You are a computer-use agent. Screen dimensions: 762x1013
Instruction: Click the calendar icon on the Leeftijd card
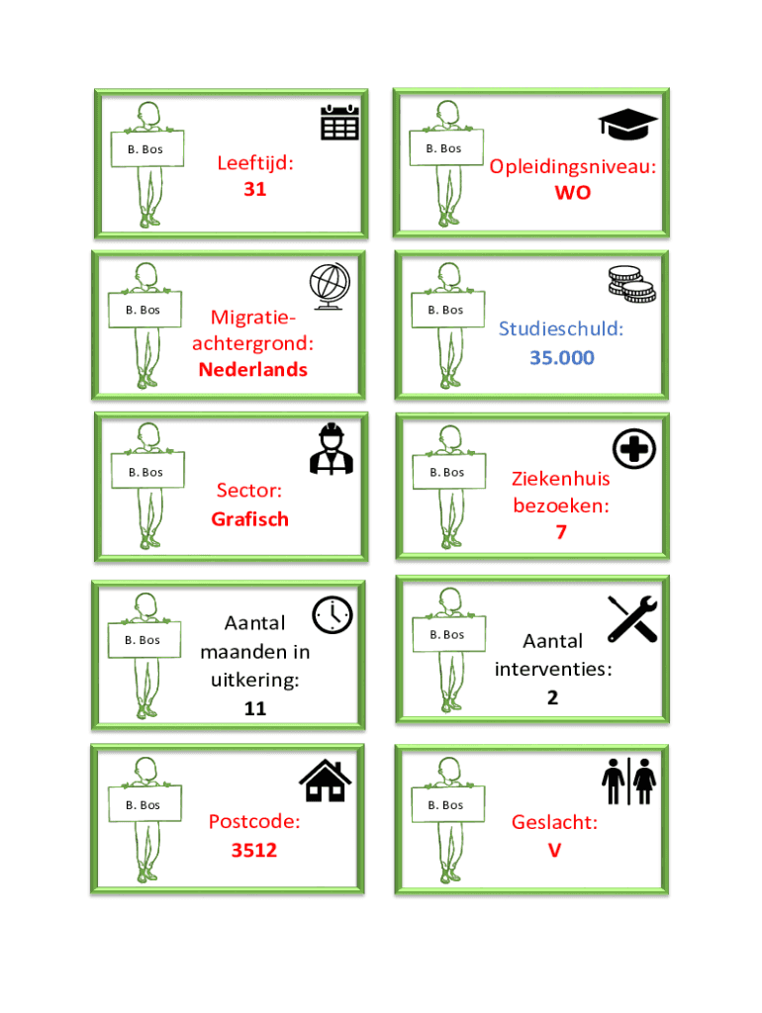click(x=340, y=122)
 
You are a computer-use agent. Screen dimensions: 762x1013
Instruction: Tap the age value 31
click(x=254, y=189)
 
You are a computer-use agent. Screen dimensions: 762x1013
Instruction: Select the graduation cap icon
click(x=627, y=124)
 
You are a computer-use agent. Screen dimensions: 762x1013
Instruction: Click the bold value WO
click(x=573, y=193)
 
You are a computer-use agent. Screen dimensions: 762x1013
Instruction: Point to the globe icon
click(x=330, y=286)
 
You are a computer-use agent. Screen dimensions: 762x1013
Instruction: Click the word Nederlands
click(x=252, y=370)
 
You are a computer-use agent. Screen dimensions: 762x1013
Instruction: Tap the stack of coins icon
click(x=631, y=285)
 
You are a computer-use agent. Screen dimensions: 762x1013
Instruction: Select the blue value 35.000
click(x=562, y=358)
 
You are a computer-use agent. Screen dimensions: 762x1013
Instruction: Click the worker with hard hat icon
click(x=332, y=449)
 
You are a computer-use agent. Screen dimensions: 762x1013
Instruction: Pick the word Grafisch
click(x=249, y=519)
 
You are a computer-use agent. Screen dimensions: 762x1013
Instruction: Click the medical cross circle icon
click(x=634, y=449)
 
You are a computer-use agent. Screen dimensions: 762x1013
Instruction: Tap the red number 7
click(x=561, y=531)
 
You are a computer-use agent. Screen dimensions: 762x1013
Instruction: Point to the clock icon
click(x=333, y=614)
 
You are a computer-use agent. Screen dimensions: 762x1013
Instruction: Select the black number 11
click(x=254, y=708)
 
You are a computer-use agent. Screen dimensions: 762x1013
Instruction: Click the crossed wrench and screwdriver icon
click(x=632, y=619)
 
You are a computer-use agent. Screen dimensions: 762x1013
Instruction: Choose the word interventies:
click(x=553, y=669)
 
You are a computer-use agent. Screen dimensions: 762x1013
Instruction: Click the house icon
click(x=326, y=781)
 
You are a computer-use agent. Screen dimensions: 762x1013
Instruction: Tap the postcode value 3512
click(x=254, y=850)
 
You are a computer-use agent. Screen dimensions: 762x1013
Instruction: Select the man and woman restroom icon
click(x=628, y=782)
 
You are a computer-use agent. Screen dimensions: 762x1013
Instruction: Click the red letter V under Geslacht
click(x=554, y=850)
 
